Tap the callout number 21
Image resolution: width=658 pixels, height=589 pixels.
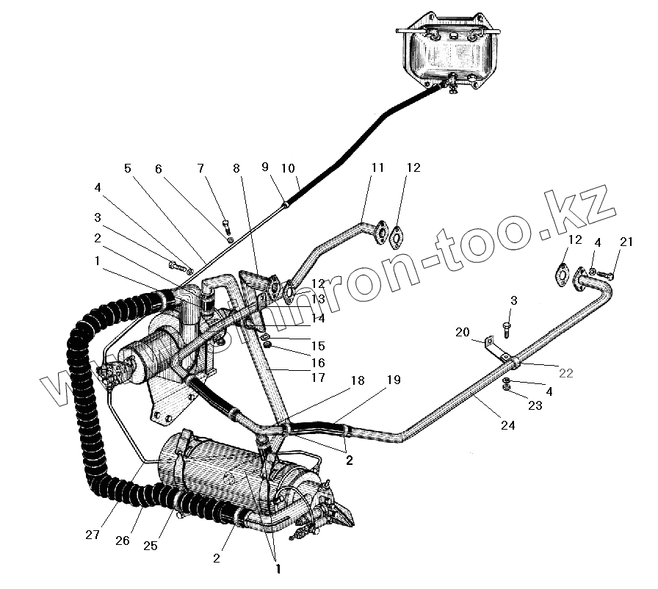(x=625, y=243)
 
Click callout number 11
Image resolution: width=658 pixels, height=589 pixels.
(x=377, y=167)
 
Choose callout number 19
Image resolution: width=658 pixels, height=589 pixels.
(x=394, y=380)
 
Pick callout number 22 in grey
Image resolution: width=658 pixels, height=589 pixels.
(x=565, y=373)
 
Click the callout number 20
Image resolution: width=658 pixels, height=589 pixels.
(x=462, y=332)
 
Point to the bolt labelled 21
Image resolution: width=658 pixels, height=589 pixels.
(x=609, y=275)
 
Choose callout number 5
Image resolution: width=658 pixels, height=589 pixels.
(x=128, y=168)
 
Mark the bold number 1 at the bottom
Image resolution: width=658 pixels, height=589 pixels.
(x=278, y=568)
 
